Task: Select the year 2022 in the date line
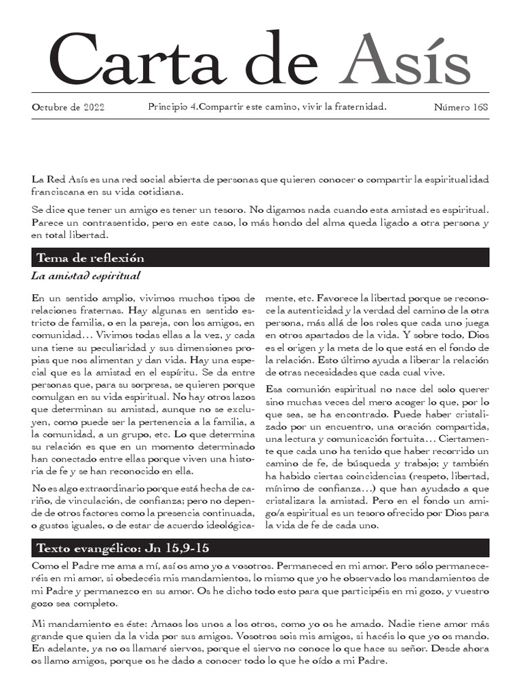point(92,108)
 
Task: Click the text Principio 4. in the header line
point(174,108)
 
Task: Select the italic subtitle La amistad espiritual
point(85,276)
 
